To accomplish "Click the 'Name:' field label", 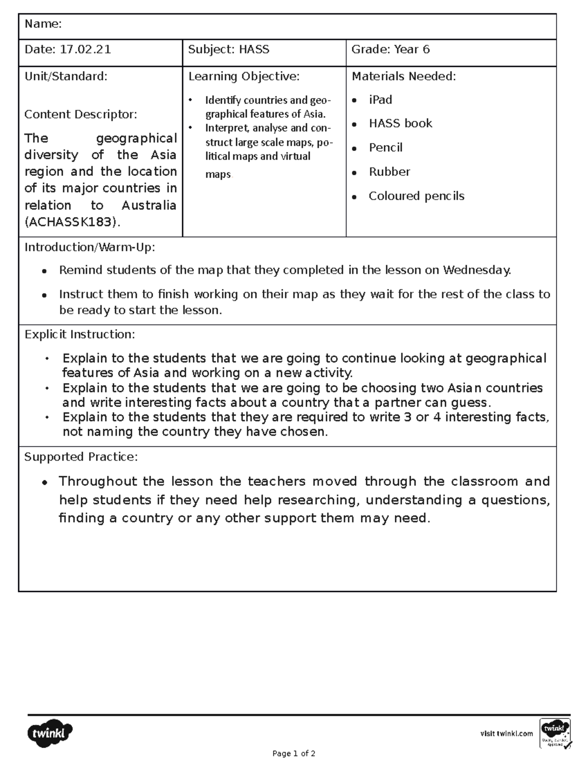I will (x=43, y=24).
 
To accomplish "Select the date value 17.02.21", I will (x=85, y=49).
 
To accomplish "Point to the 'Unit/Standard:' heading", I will (x=66, y=76).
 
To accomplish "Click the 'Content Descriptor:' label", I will (x=81, y=115).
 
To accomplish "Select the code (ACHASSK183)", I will (x=72, y=222).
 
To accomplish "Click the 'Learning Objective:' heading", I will (x=244, y=76).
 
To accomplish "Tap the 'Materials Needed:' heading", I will (x=404, y=76).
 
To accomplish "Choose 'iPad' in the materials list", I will (x=380, y=100).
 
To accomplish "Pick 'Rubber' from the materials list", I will (x=389, y=172).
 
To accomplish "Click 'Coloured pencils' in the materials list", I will (x=416, y=196).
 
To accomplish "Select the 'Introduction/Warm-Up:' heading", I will (x=90, y=247).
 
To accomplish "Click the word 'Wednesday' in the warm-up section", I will (x=476, y=270).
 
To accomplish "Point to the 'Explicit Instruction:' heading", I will (x=79, y=335).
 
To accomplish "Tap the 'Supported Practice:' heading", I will (x=81, y=457).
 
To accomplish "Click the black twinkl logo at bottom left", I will (x=49, y=733).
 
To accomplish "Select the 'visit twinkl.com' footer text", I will (x=506, y=734).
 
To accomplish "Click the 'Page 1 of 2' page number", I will (x=294, y=754).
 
